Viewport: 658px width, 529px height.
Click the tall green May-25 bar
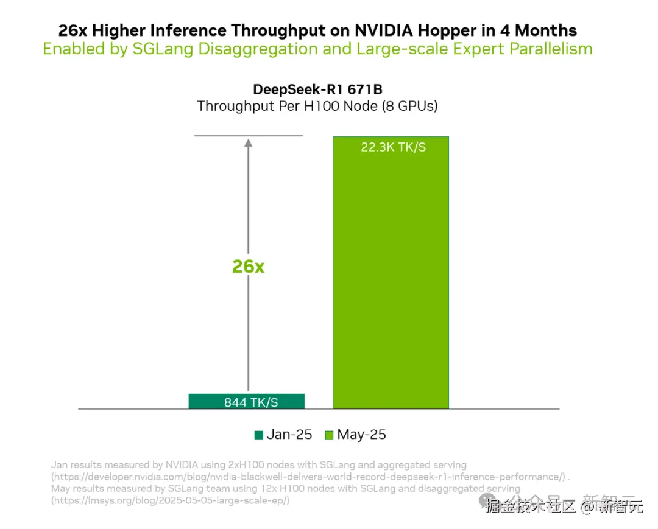point(391,274)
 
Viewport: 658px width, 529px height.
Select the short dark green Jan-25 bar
point(246,401)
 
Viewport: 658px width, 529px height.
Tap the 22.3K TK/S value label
point(393,147)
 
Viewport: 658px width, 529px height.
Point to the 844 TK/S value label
point(251,402)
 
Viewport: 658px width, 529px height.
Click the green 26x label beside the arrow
point(248,266)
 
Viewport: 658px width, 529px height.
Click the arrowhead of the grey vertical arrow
point(248,144)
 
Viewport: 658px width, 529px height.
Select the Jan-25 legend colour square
point(259,435)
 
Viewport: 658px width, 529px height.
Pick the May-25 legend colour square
point(329,435)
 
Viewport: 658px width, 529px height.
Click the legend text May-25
point(362,435)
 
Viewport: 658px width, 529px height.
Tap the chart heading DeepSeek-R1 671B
point(317,89)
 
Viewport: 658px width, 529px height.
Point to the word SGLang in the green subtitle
point(163,49)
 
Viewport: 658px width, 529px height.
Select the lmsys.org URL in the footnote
point(171,500)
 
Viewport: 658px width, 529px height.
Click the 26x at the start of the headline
point(73,30)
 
